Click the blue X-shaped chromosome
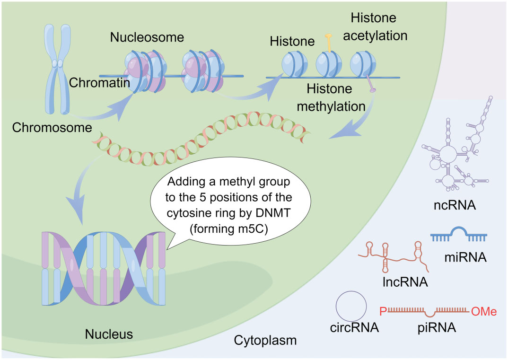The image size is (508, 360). pyautogui.click(x=58, y=69)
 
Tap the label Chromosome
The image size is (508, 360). pyautogui.click(x=52, y=127)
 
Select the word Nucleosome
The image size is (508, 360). pyautogui.click(x=147, y=37)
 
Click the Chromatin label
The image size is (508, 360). pyautogui.click(x=99, y=83)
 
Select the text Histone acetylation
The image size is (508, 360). pyautogui.click(x=375, y=26)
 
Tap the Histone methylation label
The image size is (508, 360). pyautogui.click(x=331, y=97)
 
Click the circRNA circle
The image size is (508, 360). pyautogui.click(x=351, y=306)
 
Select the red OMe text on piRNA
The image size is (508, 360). pyautogui.click(x=484, y=311)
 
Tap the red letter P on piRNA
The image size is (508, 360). pyautogui.click(x=383, y=311)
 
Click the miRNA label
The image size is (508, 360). pyautogui.click(x=465, y=257)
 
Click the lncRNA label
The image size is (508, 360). pyautogui.click(x=405, y=282)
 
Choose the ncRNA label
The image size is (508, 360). pyautogui.click(x=455, y=205)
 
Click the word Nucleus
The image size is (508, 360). pyautogui.click(x=109, y=334)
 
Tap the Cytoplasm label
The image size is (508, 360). pyautogui.click(x=265, y=340)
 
